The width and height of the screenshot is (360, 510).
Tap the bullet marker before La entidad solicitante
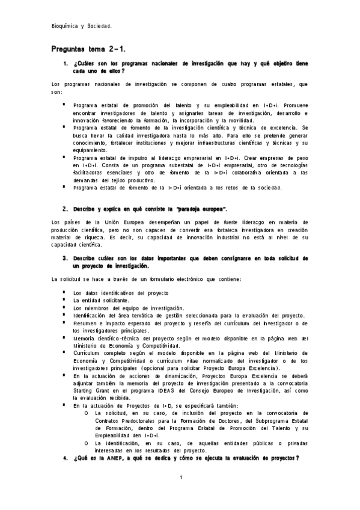(x=63, y=300)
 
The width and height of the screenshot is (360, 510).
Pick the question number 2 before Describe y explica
(x=65, y=208)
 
